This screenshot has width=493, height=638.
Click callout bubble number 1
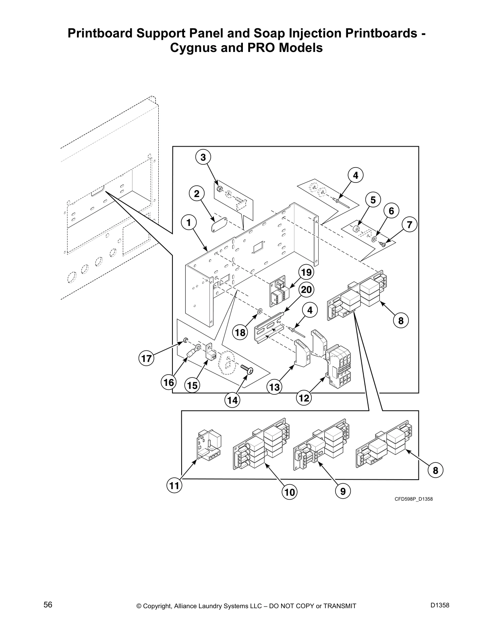click(x=188, y=222)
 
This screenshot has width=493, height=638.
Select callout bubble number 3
click(x=203, y=157)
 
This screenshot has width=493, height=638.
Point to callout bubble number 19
click(x=307, y=273)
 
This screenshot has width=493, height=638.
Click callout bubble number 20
click(x=307, y=290)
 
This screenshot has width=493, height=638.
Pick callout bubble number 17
click(x=147, y=358)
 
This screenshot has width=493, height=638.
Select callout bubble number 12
click(x=304, y=398)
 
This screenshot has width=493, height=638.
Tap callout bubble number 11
click(x=174, y=486)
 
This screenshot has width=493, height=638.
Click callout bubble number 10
click(x=289, y=492)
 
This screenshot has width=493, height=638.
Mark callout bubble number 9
click(x=343, y=491)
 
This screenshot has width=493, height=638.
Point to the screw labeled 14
click(x=247, y=369)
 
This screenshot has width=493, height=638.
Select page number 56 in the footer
click(x=48, y=605)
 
